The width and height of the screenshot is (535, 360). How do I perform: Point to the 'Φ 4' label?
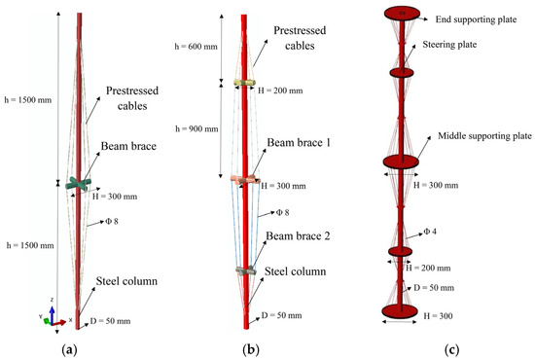point(430,232)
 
